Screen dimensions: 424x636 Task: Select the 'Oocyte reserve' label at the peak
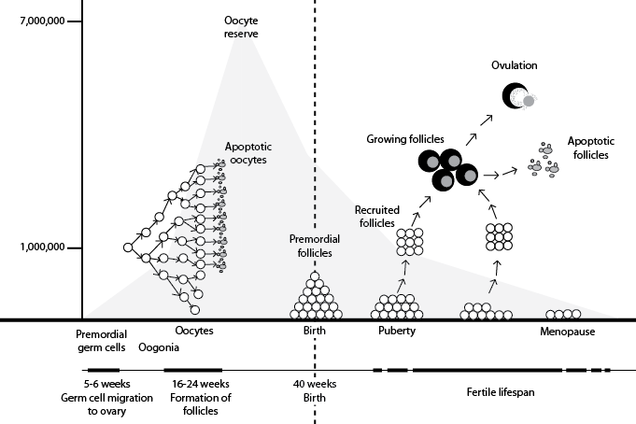[240, 27]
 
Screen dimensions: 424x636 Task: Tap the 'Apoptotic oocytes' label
[247, 153]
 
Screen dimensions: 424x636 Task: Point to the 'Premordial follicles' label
[314, 246]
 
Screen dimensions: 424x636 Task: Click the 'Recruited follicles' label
[376, 217]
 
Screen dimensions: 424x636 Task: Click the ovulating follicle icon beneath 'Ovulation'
[517, 96]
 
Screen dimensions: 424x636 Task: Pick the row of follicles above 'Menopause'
[563, 315]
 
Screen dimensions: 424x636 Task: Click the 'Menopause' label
[568, 332]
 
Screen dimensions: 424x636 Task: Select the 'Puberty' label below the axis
[397, 332]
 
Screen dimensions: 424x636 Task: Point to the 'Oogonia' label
[158, 348]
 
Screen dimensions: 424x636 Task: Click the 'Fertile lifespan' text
[500, 392]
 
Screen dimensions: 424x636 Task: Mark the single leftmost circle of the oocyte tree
[128, 247]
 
